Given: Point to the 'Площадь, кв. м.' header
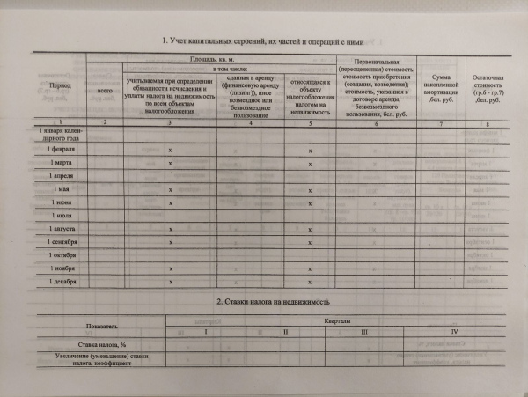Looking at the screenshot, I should [x=214, y=58].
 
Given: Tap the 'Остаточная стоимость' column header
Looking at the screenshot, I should [x=486, y=85].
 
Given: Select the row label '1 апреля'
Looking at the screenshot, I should [x=62, y=176].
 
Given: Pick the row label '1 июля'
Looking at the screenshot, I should [x=62, y=216].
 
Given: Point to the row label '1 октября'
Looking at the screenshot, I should [x=62, y=254].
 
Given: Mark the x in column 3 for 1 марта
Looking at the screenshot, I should [x=170, y=165].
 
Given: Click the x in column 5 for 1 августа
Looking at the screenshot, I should [x=311, y=230].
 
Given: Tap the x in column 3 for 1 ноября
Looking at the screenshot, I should [x=170, y=268].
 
